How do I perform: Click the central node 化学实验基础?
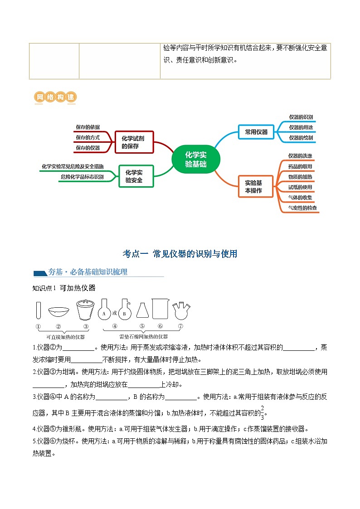pyautogui.click(x=196, y=159)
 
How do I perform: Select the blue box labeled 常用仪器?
pyautogui.click(x=256, y=132)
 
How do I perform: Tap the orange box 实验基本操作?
pyautogui.click(x=256, y=186)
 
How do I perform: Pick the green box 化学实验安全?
pyautogui.click(x=136, y=176)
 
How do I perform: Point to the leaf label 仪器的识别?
pyautogui.click(x=301, y=117)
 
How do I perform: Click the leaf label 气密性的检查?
pyautogui.click(x=303, y=208)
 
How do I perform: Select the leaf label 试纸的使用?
pyautogui.click(x=300, y=187)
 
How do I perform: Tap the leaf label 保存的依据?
pyautogui.click(x=88, y=127)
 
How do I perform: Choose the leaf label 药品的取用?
pyautogui.click(x=300, y=166)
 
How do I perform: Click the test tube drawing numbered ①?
pyautogui.click(x=38, y=310)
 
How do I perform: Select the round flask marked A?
pyautogui.click(x=104, y=310)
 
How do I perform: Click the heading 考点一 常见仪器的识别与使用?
pyautogui.click(x=180, y=254)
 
